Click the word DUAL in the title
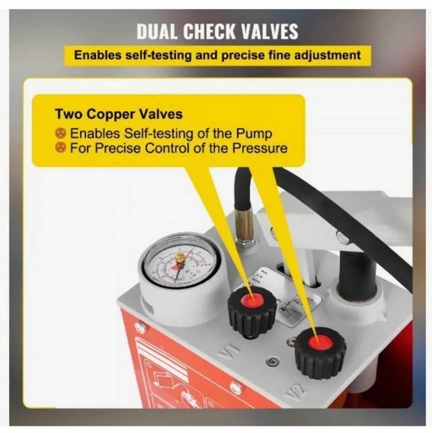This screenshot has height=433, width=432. (x=157, y=31)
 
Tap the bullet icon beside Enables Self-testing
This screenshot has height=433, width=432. (x=61, y=134)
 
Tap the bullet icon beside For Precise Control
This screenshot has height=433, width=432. (x=61, y=148)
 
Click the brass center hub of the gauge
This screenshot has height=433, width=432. (x=179, y=257)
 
